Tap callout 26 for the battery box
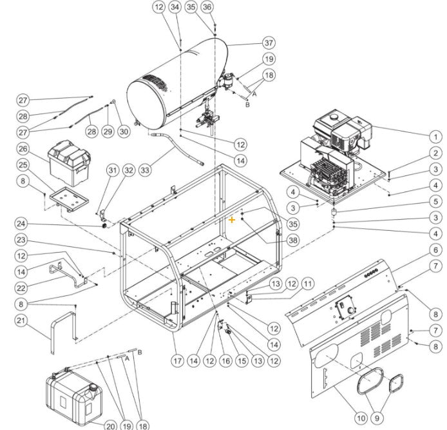[24, 150]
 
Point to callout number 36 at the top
[207, 6]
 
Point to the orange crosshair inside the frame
[232, 220]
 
